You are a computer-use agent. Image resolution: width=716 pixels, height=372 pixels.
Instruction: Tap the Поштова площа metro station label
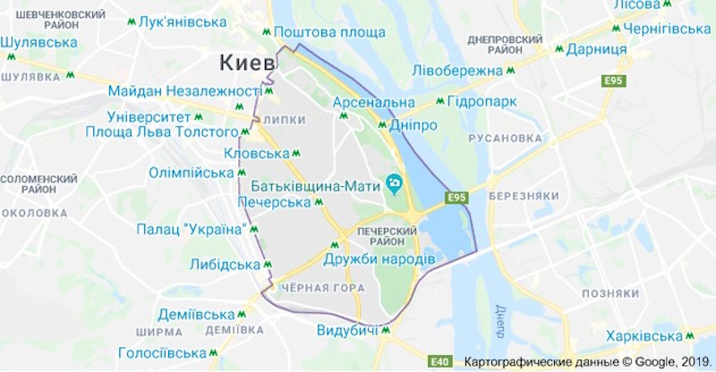tap(329, 33)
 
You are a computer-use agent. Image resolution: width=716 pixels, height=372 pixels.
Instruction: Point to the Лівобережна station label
tap(458, 71)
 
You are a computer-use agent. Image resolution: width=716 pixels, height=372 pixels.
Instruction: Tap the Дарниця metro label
tap(597, 49)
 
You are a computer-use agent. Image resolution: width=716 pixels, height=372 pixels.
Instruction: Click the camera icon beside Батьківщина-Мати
tap(395, 185)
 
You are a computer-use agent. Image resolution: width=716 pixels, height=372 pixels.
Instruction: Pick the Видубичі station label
tap(346, 330)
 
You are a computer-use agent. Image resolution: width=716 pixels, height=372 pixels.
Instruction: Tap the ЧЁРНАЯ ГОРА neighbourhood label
tap(322, 288)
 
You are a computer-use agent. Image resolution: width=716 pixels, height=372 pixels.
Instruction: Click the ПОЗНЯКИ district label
tap(609, 293)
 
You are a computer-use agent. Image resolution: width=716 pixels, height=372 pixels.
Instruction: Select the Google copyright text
tap(586, 362)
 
